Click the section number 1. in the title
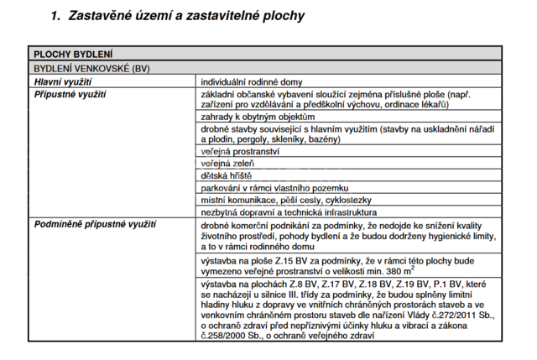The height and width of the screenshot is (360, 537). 56,15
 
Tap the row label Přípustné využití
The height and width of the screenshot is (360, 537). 70,96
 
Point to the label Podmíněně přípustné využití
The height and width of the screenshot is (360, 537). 95,225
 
